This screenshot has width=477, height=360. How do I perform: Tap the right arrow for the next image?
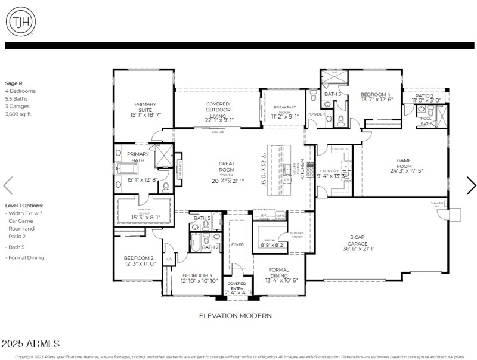pyautogui.click(x=470, y=186)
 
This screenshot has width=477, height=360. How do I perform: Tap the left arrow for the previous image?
pyautogui.click(x=8, y=186)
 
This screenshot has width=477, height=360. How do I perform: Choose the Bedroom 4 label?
pyautogui.click(x=376, y=97)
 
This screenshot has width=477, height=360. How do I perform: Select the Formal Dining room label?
pyautogui.click(x=278, y=273)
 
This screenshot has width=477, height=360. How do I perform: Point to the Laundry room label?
pyautogui.click(x=329, y=171)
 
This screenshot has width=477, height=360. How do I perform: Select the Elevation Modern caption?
pyautogui.click(x=235, y=315)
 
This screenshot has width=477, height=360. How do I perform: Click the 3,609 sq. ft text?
pyautogui.click(x=18, y=114)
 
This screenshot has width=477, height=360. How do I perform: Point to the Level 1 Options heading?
pyautogui.click(x=23, y=205)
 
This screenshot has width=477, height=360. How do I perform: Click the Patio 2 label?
pyautogui.click(x=425, y=97)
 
